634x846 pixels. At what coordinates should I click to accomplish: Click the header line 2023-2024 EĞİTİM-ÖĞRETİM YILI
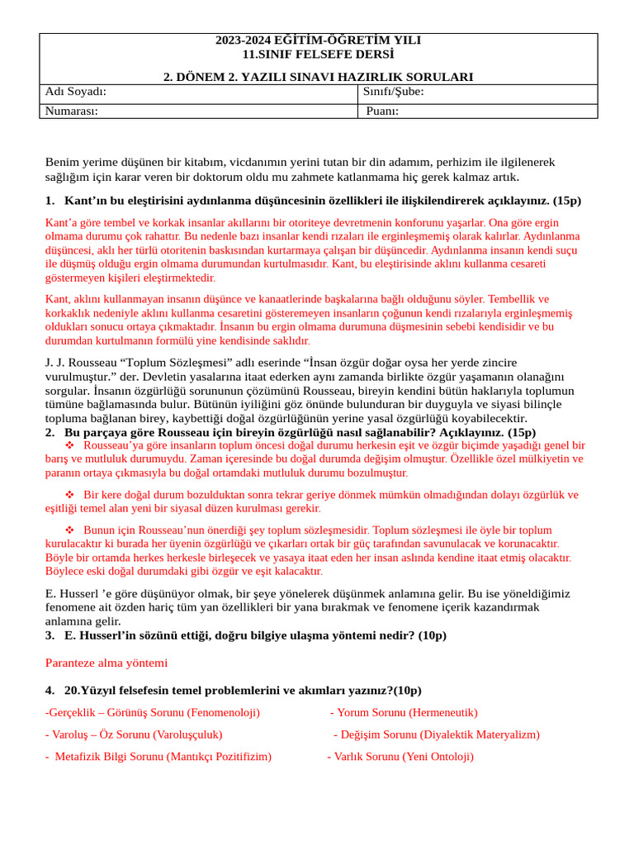pyautogui.click(x=318, y=40)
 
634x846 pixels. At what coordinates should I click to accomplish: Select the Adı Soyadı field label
pyautogui.click(x=76, y=92)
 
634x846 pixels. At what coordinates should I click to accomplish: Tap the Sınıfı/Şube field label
pyautogui.click(x=393, y=92)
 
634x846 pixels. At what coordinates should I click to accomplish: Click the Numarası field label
pyautogui.click(x=71, y=112)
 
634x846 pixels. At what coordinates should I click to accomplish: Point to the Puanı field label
pyautogui.click(x=382, y=112)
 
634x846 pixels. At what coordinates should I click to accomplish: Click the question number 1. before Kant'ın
pyautogui.click(x=50, y=201)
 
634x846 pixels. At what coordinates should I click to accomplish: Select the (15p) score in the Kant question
pyautogui.click(x=567, y=201)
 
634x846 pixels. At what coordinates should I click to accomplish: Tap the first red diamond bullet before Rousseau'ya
pyautogui.click(x=69, y=445)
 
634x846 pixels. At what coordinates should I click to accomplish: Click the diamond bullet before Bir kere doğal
pyautogui.click(x=69, y=495)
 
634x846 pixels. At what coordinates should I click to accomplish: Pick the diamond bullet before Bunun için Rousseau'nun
pyautogui.click(x=69, y=530)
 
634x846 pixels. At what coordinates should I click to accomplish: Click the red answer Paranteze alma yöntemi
pyautogui.click(x=106, y=663)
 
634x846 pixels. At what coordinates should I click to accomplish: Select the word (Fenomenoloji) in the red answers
pyautogui.click(x=223, y=713)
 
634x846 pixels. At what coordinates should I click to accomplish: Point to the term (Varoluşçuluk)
pyautogui.click(x=187, y=734)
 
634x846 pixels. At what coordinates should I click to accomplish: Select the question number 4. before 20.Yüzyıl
pyautogui.click(x=50, y=691)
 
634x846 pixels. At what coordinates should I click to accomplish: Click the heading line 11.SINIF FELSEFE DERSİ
pyautogui.click(x=318, y=55)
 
